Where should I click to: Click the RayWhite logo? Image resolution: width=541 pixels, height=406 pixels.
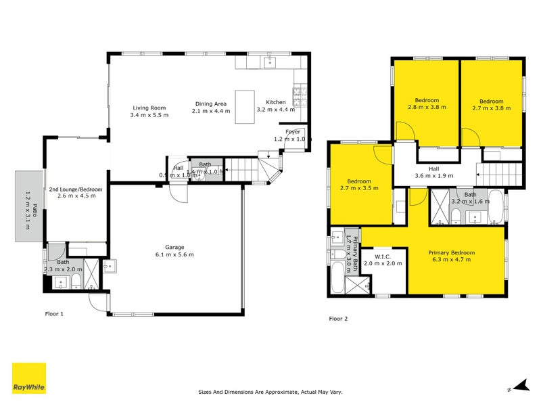tap(29, 378)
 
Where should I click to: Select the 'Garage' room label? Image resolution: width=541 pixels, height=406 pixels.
tap(174, 247)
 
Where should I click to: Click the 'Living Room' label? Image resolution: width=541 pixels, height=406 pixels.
tap(149, 108)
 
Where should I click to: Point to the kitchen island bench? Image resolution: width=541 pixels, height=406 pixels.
tap(245, 106)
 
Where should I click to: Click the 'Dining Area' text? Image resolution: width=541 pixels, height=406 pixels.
tap(211, 104)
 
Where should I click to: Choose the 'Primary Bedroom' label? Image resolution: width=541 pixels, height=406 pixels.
tap(452, 252)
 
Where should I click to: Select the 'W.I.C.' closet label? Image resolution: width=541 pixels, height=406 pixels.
tap(383, 256)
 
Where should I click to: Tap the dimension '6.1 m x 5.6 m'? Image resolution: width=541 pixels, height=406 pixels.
tap(174, 255)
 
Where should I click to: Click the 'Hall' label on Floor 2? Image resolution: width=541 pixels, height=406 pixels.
tap(433, 169)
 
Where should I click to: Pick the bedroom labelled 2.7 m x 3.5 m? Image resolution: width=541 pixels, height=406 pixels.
tap(359, 185)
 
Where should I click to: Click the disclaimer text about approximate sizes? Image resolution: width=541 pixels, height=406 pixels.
tap(270, 391)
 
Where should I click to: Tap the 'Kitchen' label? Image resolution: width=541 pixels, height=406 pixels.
tap(275, 101)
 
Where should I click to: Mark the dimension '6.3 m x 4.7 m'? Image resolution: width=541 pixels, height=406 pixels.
tap(452, 260)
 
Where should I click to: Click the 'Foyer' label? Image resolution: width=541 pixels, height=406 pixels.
tap(292, 131)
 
